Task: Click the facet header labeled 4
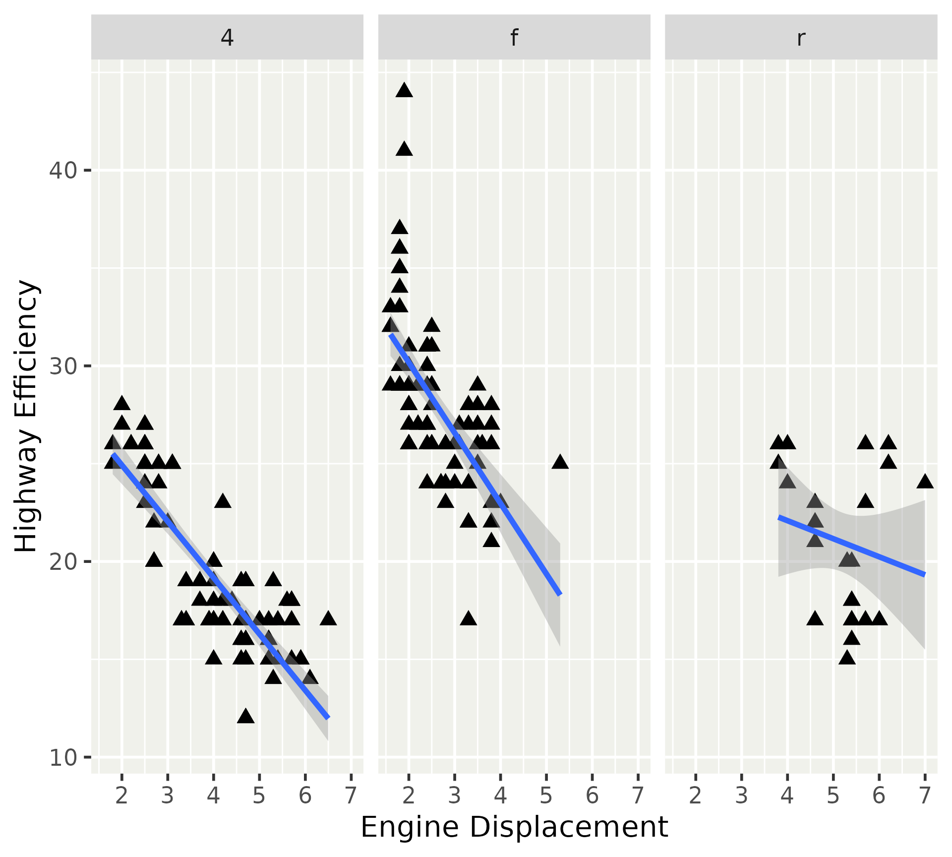(227, 38)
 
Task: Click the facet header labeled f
(514, 38)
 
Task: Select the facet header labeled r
(801, 38)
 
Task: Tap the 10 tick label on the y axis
(63, 758)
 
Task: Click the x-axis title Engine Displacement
(514, 827)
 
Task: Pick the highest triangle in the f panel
(404, 91)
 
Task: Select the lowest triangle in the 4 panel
(245, 717)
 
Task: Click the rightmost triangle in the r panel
(925, 482)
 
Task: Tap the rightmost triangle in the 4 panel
(328, 619)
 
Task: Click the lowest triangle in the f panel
(468, 619)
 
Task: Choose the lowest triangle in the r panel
(847, 658)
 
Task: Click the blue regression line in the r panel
(851, 546)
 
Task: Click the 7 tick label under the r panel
(925, 796)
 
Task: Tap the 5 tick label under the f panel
(546, 796)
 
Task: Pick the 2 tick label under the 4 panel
(122, 796)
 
